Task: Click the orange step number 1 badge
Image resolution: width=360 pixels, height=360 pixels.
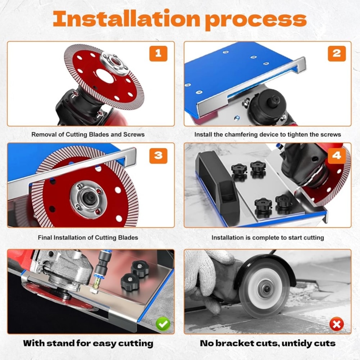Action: (x=158, y=54)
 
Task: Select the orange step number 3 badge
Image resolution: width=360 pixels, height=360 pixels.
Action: (x=158, y=156)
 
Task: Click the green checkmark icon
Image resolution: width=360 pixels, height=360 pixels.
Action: (x=163, y=324)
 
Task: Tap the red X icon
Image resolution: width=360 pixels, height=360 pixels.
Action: (x=337, y=325)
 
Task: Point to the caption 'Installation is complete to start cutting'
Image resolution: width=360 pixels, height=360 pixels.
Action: (x=267, y=238)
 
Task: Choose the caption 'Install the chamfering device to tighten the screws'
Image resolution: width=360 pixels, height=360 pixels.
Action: (x=267, y=134)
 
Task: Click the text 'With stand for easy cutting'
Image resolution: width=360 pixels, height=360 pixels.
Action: (x=88, y=343)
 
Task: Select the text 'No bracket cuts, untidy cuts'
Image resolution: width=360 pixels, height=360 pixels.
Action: (x=267, y=343)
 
